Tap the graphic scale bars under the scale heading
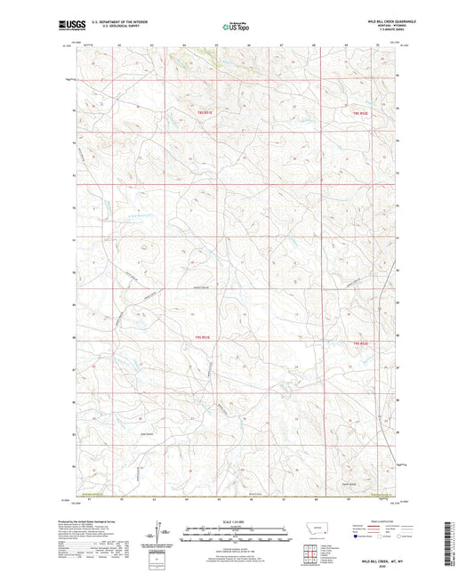pyautogui.click(x=237, y=533)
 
